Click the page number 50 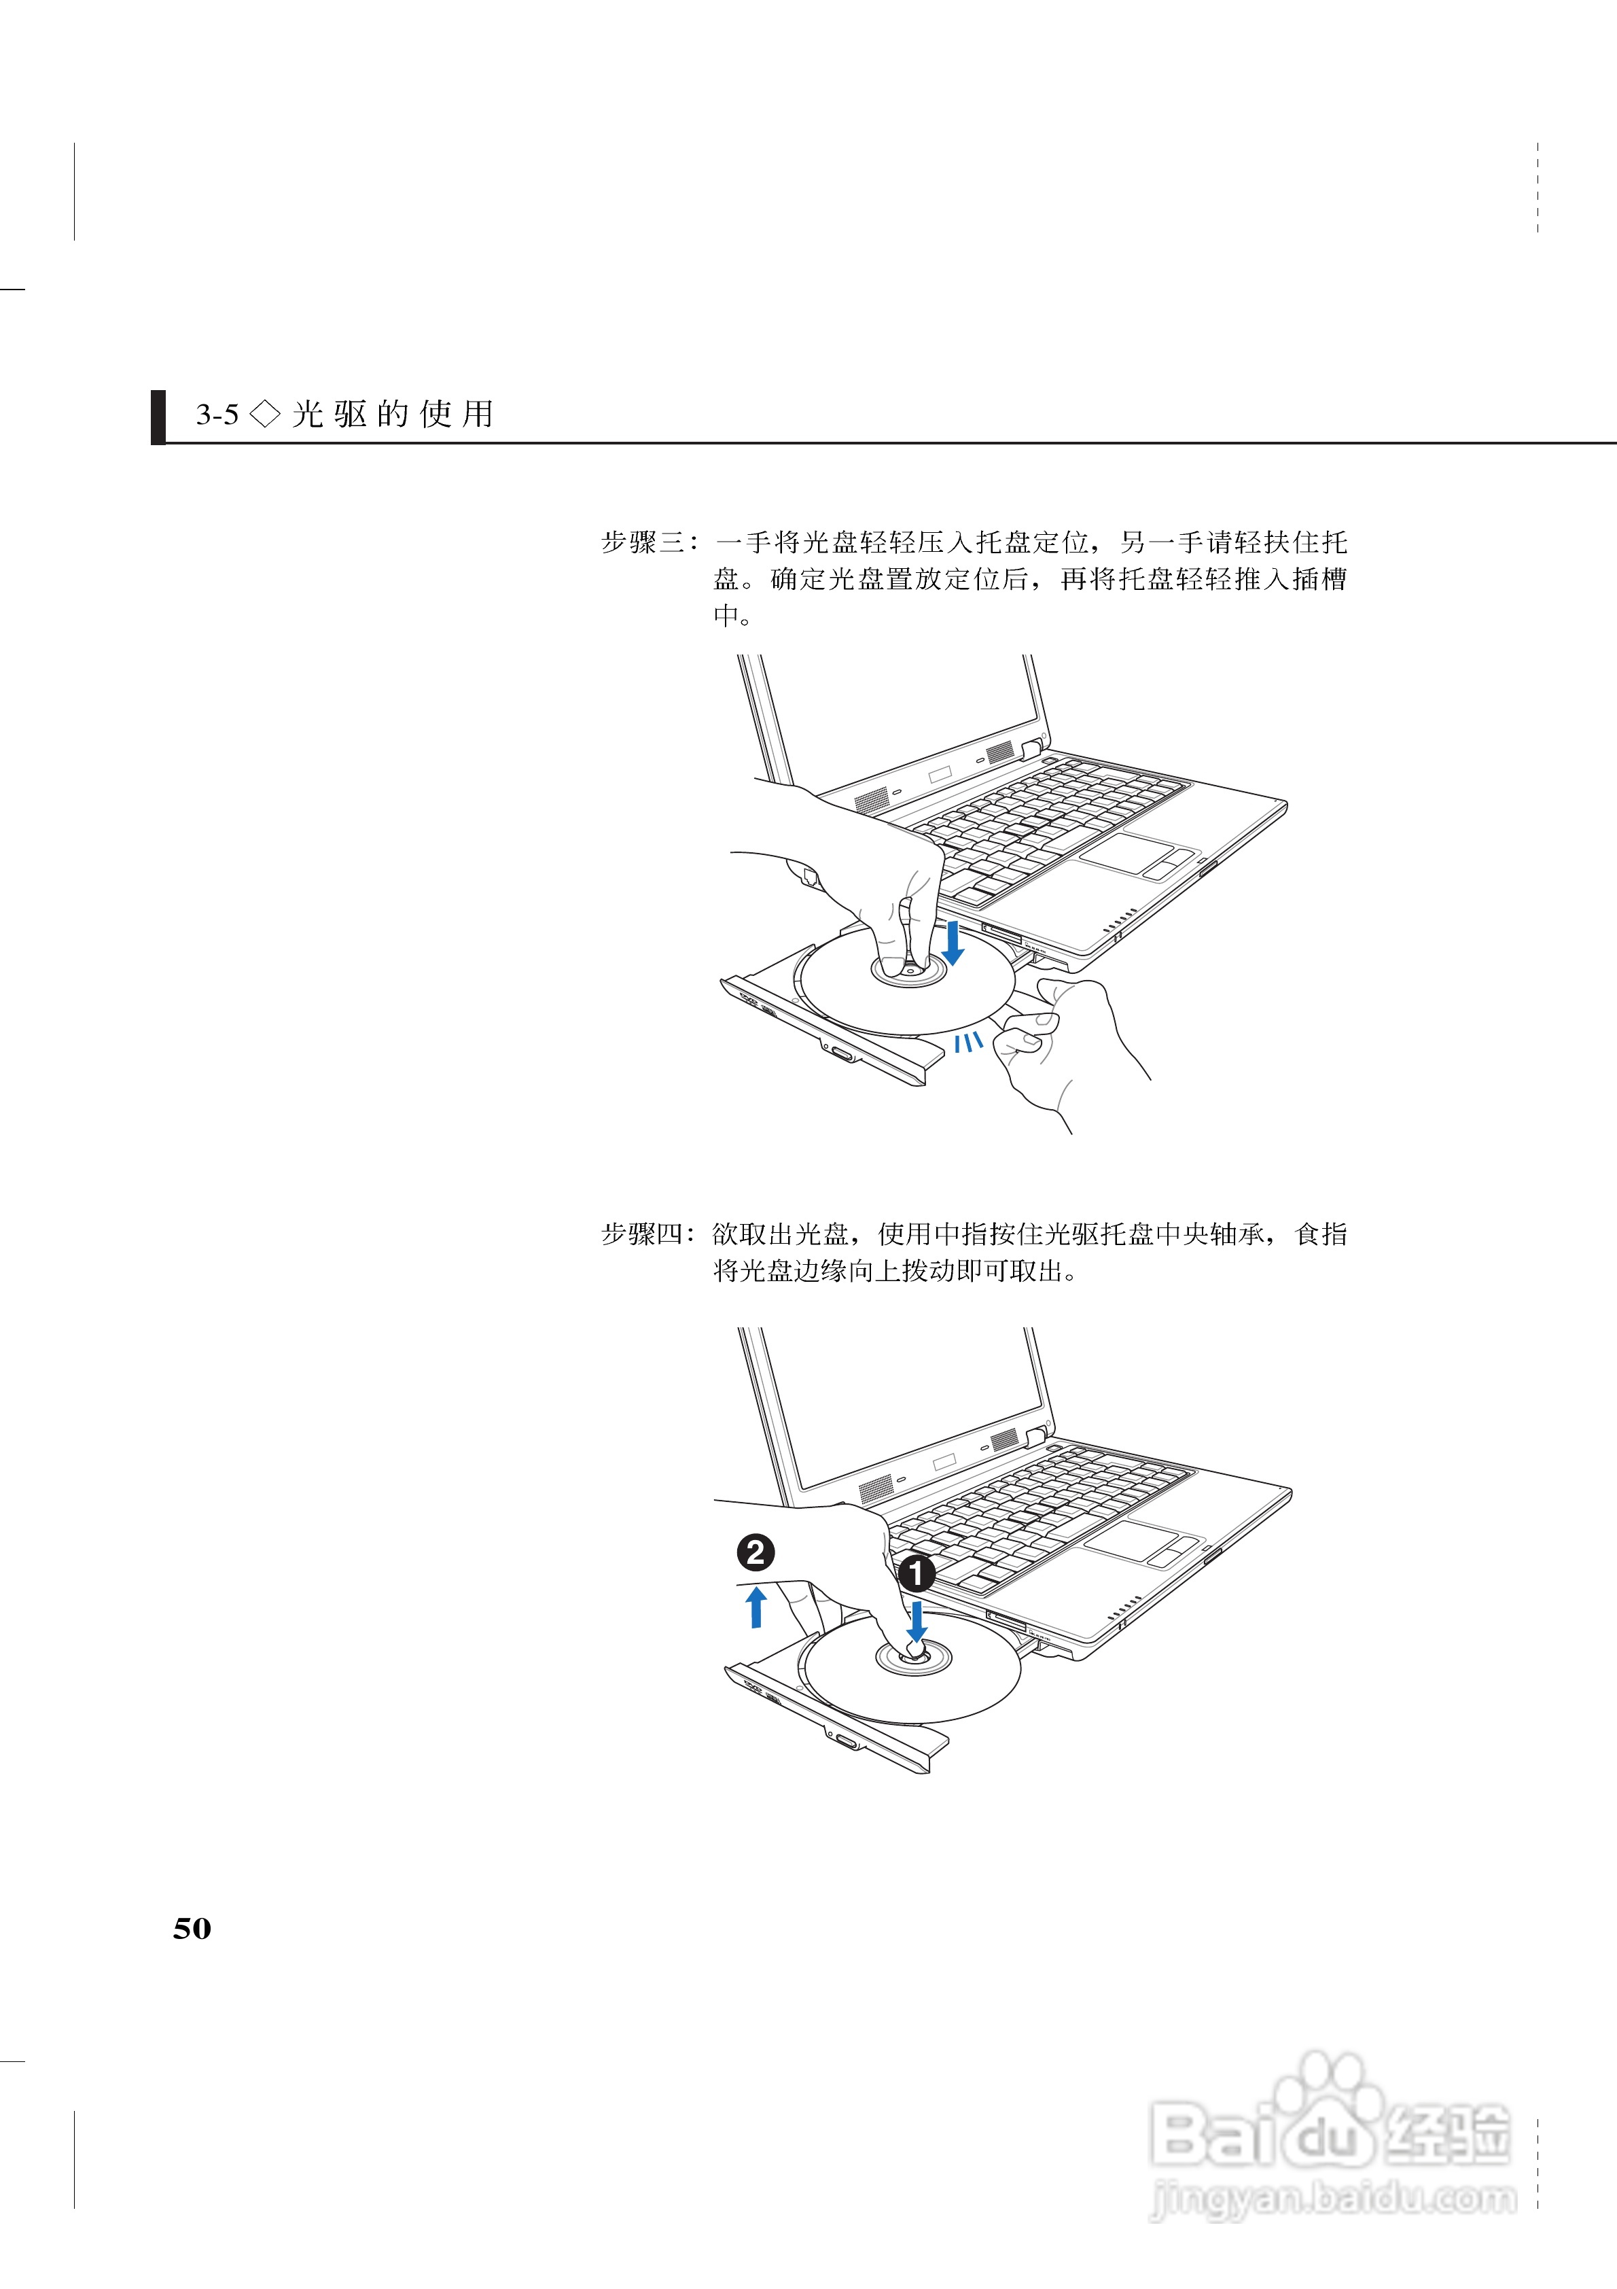point(192,1927)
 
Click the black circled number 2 point(755,1552)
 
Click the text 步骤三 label point(643,543)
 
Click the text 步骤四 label point(643,1234)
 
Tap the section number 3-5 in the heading point(217,415)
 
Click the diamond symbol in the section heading point(265,414)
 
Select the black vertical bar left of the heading point(158,417)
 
